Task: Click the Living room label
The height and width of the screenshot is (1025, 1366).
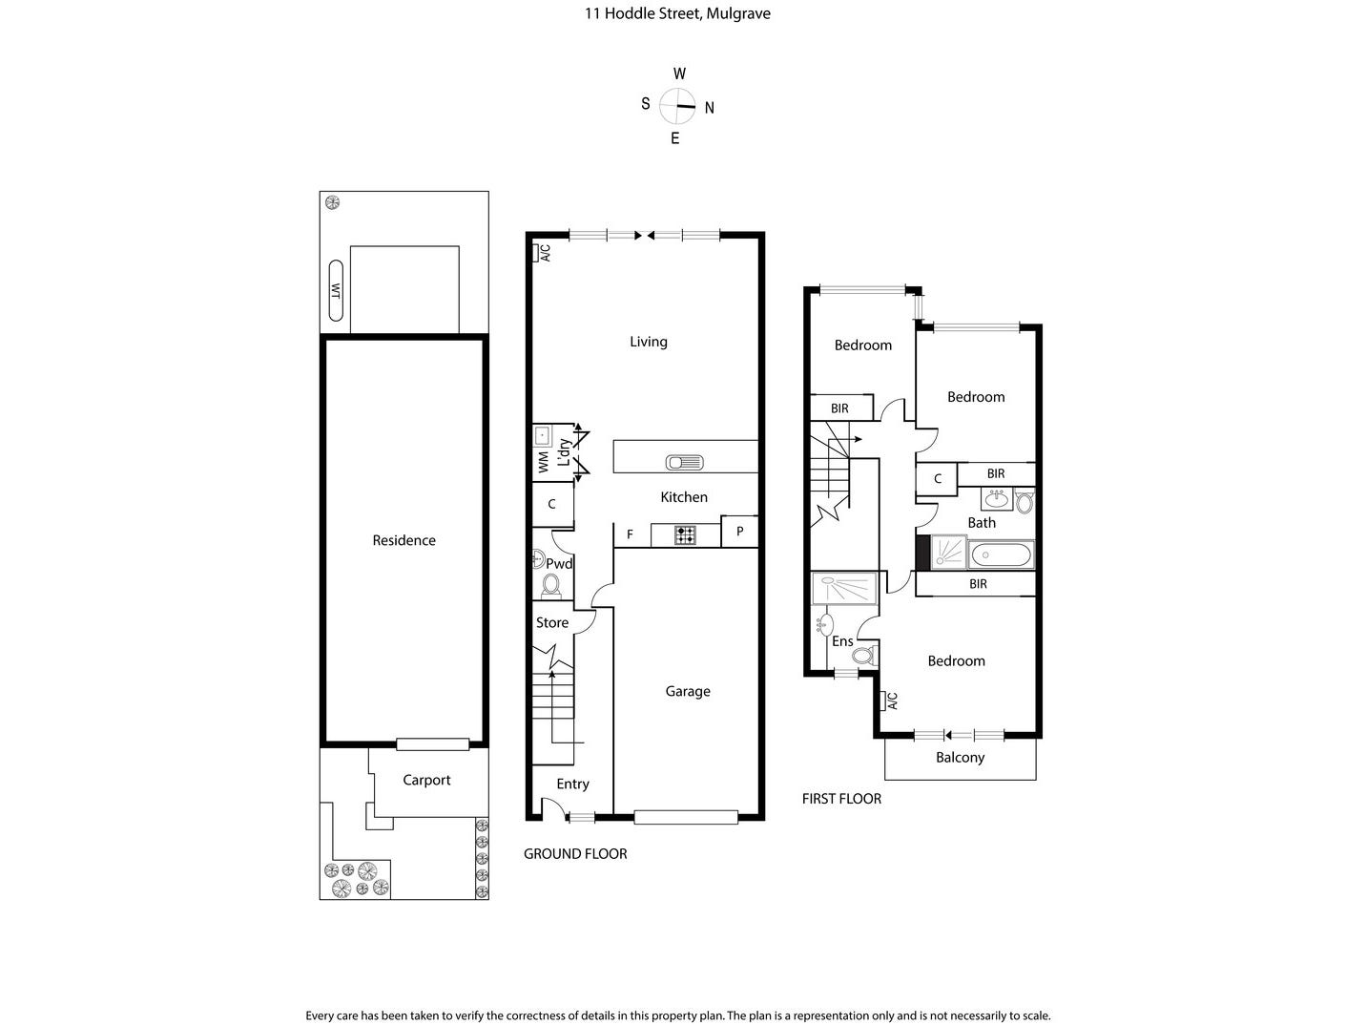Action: (648, 342)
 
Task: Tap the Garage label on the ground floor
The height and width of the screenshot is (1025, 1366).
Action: (687, 691)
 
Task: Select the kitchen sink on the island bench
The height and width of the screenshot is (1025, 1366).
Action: (685, 463)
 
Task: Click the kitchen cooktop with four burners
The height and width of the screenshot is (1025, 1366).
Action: (685, 535)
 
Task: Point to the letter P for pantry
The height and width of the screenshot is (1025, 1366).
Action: (739, 532)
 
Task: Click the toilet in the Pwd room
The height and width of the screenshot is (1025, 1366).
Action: (550, 586)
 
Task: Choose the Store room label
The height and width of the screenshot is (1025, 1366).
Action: (552, 623)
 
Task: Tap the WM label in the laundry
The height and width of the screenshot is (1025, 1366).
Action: (544, 463)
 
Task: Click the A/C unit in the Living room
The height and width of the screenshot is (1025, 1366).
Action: (535, 253)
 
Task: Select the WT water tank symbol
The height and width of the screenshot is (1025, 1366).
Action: (336, 291)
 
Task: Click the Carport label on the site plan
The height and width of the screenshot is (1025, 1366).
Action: (426, 781)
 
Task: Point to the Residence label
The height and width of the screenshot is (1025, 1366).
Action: (404, 541)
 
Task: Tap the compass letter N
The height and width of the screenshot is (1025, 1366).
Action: (710, 108)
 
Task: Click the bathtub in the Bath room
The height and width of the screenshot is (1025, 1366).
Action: (1001, 554)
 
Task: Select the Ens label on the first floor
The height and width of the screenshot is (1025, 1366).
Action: (842, 641)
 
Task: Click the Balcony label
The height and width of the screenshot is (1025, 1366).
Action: (960, 758)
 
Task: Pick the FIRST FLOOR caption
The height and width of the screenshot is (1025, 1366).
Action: (841, 799)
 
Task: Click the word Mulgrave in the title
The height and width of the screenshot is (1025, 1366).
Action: (738, 13)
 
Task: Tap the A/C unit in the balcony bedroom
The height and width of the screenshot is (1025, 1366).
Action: (883, 701)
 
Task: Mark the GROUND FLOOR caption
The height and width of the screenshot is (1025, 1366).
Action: (575, 854)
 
